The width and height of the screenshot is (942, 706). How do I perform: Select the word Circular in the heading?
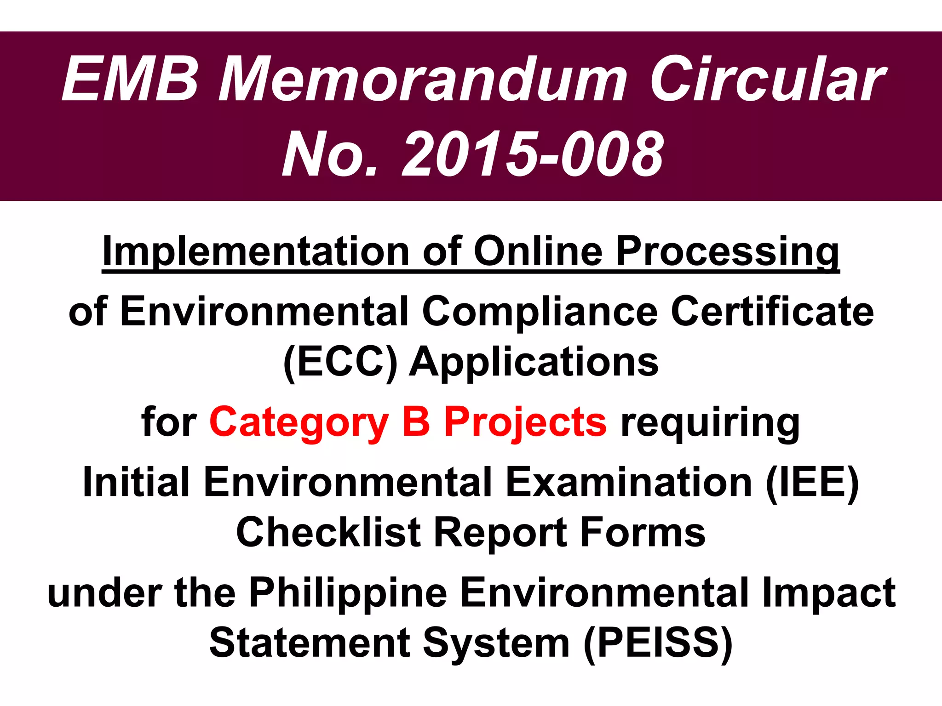coord(766,79)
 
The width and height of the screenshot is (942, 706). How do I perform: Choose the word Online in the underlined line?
coord(538,251)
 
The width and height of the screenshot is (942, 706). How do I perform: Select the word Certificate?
coord(773,312)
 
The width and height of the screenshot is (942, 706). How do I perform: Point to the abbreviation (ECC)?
coord(340,363)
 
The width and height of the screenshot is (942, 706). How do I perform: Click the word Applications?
coord(534,363)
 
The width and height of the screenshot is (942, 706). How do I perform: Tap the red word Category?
coord(299,422)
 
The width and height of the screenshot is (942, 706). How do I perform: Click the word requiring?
coord(710,422)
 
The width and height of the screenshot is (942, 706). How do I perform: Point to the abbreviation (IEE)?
coord(812,482)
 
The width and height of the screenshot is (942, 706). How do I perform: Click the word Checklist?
coord(328,533)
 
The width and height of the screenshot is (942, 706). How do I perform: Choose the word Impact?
coord(828,592)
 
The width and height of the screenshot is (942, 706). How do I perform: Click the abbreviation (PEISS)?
coord(658,643)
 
